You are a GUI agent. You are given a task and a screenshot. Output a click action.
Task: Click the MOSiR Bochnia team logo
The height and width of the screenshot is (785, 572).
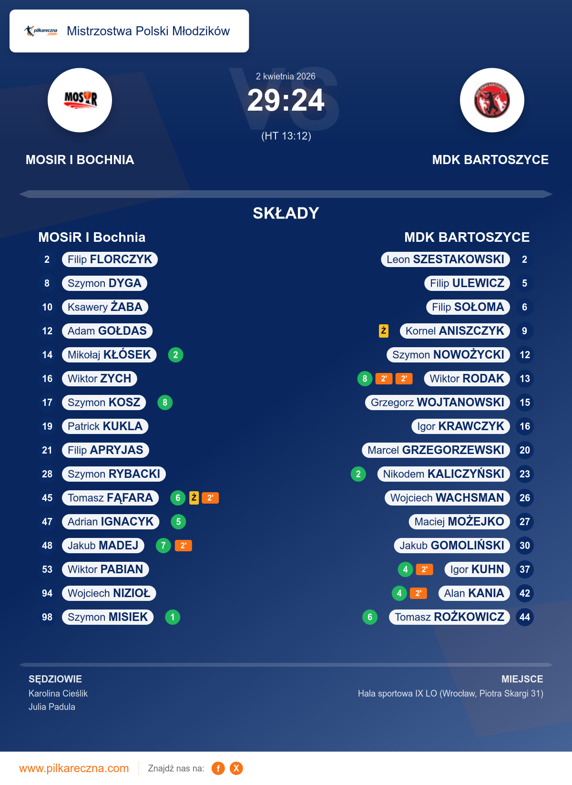pyautogui.click(x=80, y=100)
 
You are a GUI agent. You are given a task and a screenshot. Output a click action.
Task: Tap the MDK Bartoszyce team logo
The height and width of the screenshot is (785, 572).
pyautogui.click(x=492, y=100)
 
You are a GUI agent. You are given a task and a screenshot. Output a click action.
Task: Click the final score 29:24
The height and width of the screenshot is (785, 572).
pyautogui.click(x=286, y=101)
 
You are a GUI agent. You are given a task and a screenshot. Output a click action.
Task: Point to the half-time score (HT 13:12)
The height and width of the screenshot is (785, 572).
pyautogui.click(x=286, y=136)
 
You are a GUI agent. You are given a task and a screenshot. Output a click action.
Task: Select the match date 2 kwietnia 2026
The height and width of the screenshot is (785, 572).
pyautogui.click(x=286, y=76)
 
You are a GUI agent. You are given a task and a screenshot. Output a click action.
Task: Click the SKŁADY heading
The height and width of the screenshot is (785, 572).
pyautogui.click(x=286, y=213)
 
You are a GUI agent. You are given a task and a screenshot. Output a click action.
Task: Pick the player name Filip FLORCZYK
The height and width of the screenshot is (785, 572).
pyautogui.click(x=110, y=259)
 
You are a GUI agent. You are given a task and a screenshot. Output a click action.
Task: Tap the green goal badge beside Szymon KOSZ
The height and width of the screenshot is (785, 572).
pyautogui.click(x=165, y=403)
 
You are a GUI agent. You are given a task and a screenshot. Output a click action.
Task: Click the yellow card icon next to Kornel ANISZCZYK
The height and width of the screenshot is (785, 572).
pyautogui.click(x=384, y=331)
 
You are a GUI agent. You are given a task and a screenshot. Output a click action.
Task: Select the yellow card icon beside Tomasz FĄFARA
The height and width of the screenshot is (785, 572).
pyautogui.click(x=194, y=497)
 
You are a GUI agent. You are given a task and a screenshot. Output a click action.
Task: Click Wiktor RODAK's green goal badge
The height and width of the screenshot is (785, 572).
pyautogui.click(x=365, y=379)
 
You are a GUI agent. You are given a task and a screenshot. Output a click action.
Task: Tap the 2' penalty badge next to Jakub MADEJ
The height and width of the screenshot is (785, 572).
pyautogui.click(x=184, y=546)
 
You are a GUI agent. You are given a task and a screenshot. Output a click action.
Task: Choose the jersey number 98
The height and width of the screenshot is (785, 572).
pyautogui.click(x=47, y=617)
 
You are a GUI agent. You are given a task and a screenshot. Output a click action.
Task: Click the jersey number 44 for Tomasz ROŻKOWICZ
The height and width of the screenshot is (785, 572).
pyautogui.click(x=524, y=617)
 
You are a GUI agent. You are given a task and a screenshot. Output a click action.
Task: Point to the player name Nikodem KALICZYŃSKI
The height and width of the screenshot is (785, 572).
pyautogui.click(x=443, y=474)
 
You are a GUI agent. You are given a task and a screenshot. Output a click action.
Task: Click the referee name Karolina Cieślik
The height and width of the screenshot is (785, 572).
pyautogui.click(x=58, y=693)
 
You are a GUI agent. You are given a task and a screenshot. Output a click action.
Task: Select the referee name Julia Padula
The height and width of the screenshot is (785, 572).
pyautogui.click(x=52, y=707)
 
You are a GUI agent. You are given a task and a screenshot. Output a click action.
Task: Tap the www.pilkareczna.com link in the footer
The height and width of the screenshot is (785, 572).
pyautogui.click(x=74, y=768)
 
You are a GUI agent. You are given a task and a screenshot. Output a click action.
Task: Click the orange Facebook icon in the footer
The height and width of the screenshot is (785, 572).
pyautogui.click(x=218, y=768)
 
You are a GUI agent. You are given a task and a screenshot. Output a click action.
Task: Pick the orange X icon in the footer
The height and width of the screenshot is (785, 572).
pyautogui.click(x=236, y=768)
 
